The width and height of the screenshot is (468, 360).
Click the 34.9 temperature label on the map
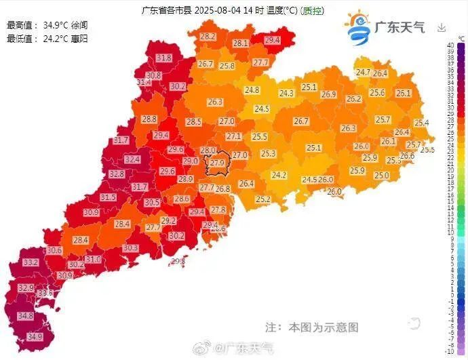(35, 336)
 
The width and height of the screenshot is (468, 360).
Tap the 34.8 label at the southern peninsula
(26, 316)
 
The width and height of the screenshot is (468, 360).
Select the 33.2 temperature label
(31, 262)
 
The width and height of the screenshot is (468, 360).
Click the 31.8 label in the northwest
(163, 58)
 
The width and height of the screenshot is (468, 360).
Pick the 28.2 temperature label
(208, 36)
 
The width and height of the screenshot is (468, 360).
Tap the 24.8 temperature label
(252, 89)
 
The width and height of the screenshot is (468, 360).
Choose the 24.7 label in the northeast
(364, 72)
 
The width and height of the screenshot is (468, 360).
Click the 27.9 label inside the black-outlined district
(217, 163)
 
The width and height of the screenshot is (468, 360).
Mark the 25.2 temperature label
(263, 199)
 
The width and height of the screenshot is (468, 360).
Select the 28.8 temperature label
(149, 119)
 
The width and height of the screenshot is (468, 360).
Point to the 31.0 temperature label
(93, 259)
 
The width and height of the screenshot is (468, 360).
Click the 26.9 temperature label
(329, 94)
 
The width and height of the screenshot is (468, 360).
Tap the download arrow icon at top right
(442, 28)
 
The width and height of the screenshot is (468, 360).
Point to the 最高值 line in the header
(47, 25)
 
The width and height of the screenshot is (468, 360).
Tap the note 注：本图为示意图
(311, 327)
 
